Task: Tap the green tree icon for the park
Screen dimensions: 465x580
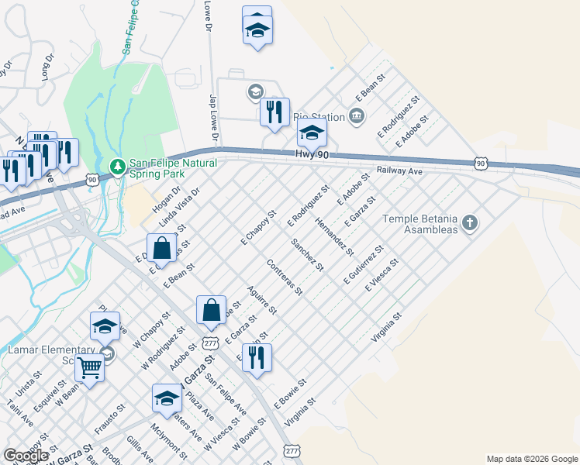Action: pos(117,165)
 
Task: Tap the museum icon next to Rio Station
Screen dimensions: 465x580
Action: pos(356,117)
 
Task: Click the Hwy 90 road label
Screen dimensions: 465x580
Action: pos(312,156)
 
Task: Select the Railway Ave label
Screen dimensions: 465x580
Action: pos(399,170)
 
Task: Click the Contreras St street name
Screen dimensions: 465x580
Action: pos(284,277)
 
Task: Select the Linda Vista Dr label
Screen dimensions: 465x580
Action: pos(179,207)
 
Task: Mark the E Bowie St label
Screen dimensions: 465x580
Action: pos(292,393)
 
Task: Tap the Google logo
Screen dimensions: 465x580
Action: pos(26,456)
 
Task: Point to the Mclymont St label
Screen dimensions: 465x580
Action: pos(168,440)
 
